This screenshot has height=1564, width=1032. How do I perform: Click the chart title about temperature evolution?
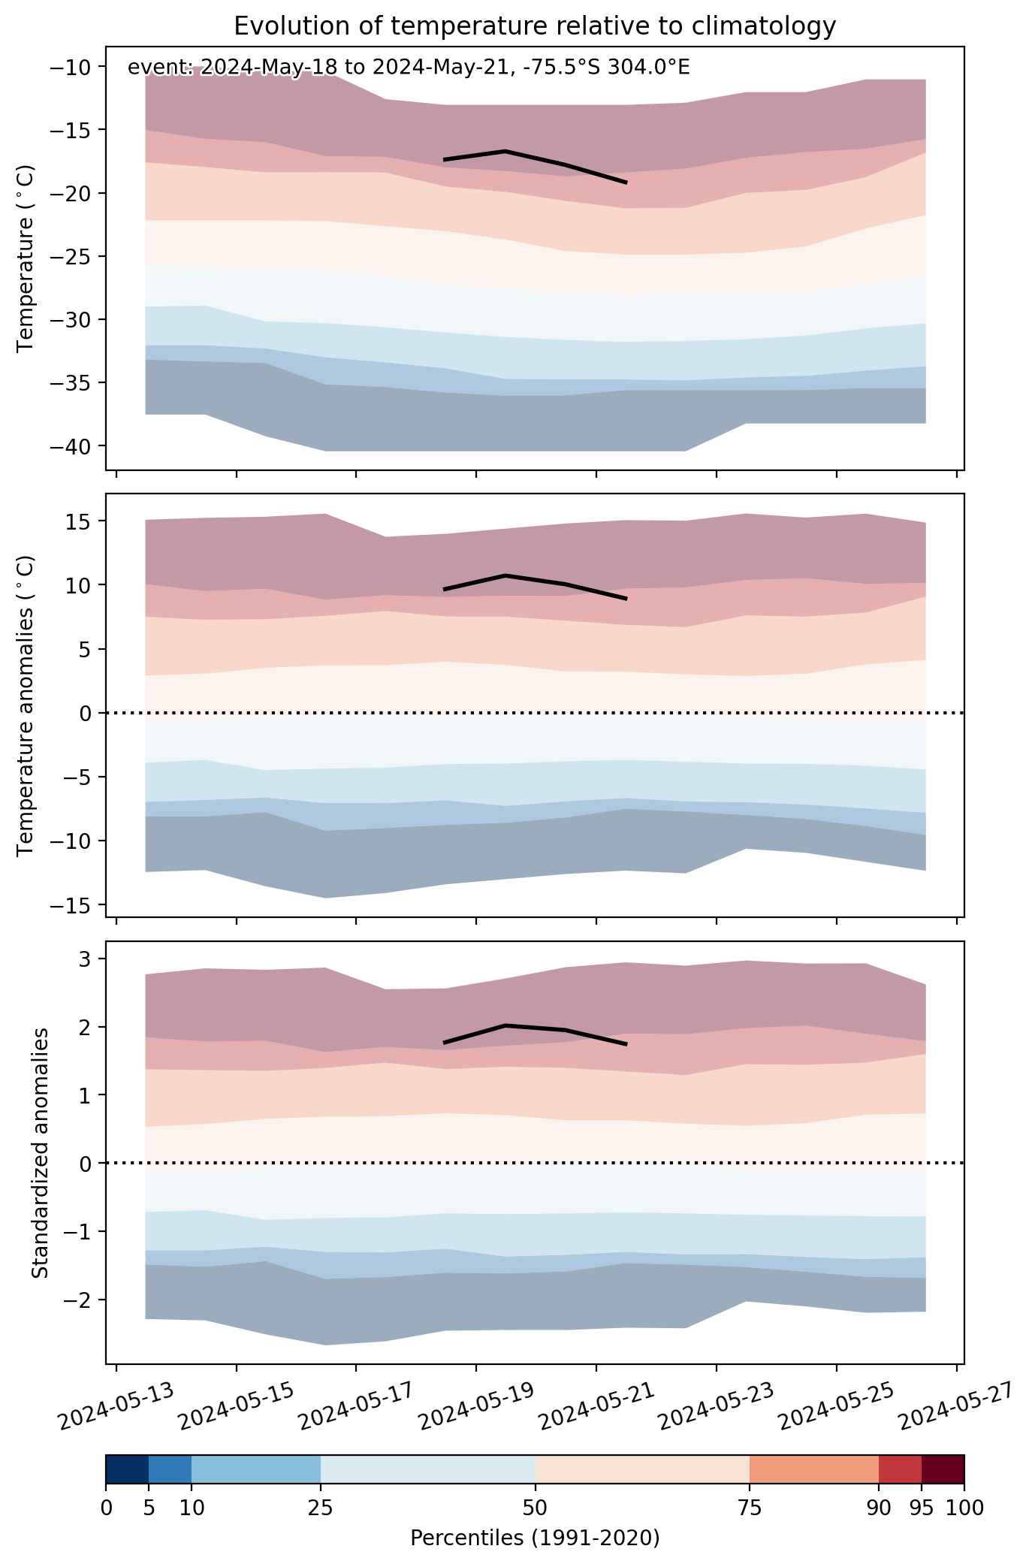tap(535, 26)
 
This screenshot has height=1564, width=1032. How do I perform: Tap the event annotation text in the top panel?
tap(409, 68)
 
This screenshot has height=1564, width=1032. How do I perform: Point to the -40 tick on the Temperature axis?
tap(71, 446)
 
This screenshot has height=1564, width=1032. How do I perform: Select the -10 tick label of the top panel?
tap(71, 68)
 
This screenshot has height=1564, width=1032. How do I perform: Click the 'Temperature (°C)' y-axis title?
tap(27, 258)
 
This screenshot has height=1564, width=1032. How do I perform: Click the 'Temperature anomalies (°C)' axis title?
tap(27, 705)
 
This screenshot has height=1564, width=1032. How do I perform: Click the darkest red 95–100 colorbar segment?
tap(943, 1469)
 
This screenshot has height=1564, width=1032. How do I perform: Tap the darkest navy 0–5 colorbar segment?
tap(128, 1469)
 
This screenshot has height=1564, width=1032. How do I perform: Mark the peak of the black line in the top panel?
tap(505, 151)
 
